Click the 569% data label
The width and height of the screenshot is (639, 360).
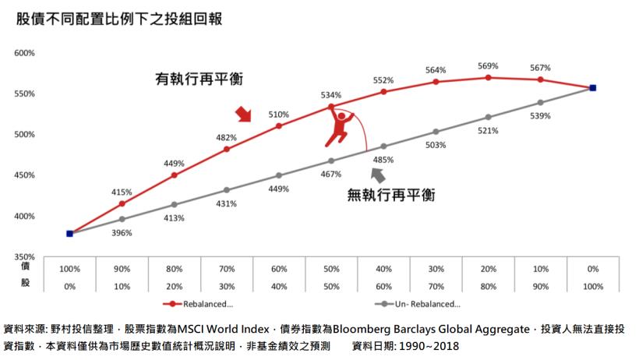pos(488,66)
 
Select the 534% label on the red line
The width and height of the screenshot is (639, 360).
pos(331,95)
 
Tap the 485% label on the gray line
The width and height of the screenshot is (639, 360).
pos(383,160)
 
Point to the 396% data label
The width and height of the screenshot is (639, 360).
pos(122,232)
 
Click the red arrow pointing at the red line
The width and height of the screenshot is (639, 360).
pos(244,115)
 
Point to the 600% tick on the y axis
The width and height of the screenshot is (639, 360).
pos(24,53)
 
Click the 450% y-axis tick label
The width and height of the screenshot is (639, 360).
pos(24,175)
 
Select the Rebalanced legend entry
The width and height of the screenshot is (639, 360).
pos(199,304)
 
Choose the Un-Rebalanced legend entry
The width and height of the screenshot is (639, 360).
pos(426,304)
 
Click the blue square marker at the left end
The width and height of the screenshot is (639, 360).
pos(69,233)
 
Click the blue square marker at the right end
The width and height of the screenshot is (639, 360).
pos(592,88)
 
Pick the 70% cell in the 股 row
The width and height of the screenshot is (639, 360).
pos(436,286)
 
